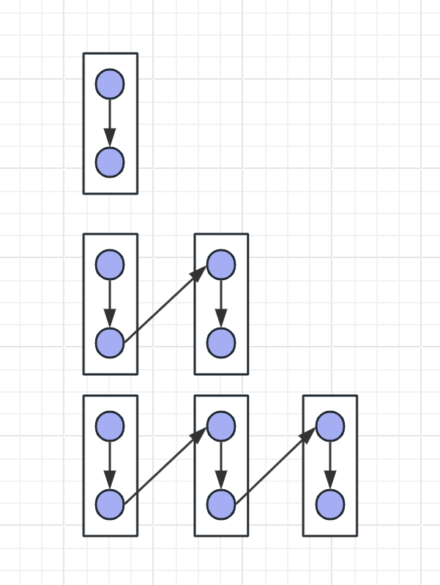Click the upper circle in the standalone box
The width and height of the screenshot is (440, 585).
(110, 84)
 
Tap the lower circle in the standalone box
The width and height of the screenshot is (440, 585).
(110, 162)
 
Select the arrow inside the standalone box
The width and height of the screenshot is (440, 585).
(110, 123)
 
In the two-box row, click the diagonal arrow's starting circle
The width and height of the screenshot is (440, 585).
(110, 342)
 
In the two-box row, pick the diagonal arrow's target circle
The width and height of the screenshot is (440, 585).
(220, 265)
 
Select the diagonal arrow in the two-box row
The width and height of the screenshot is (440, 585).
(165, 303)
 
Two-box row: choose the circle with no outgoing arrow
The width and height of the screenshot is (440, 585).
(220, 342)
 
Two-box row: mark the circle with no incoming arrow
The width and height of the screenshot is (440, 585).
(110, 265)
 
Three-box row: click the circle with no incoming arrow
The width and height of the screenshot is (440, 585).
(110, 426)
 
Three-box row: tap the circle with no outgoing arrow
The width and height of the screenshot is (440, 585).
(330, 504)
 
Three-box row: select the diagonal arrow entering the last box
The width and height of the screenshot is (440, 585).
(275, 465)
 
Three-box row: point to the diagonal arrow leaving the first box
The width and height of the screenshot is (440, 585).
(165, 465)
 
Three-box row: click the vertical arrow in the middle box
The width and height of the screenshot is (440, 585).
(220, 465)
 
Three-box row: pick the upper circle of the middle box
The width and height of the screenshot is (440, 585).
(220, 426)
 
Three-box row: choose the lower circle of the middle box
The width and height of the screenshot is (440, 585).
(220, 504)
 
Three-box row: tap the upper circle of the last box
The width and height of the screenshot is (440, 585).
(330, 426)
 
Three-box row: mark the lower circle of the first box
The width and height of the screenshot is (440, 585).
(110, 504)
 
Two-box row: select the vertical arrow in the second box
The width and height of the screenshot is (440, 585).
(220, 303)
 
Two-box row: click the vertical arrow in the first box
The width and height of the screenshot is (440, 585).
(110, 303)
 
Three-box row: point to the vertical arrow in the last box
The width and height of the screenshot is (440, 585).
(330, 465)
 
